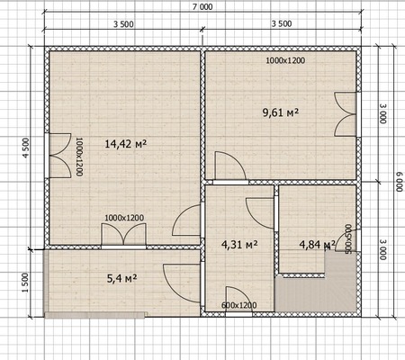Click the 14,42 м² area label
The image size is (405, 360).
tap(126, 144)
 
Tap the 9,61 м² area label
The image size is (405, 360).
tap(281, 112)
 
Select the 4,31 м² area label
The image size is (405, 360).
tap(239, 245)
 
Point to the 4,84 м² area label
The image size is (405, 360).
tap(318, 245)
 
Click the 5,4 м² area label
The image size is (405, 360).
tap(121, 278)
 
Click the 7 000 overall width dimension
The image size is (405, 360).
tap(202, 6)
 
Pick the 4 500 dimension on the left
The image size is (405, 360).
tap(25, 148)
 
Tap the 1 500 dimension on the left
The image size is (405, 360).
tap(25, 283)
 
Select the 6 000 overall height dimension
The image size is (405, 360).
tap(399, 182)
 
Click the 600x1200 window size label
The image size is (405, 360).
tap(239, 305)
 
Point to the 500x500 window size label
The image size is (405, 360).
tap(348, 238)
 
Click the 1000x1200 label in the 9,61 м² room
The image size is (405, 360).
tap(285, 60)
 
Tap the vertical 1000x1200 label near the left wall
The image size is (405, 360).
tap(79, 157)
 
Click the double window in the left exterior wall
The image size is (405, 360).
tap(58, 156)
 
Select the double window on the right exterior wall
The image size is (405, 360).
tap(347, 114)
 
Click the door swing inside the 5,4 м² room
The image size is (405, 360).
tap(182, 283)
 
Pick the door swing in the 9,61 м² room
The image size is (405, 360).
tap(230, 166)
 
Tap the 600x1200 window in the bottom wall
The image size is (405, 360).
tap(238, 314)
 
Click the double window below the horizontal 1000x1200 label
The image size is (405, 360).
tap(123, 236)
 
